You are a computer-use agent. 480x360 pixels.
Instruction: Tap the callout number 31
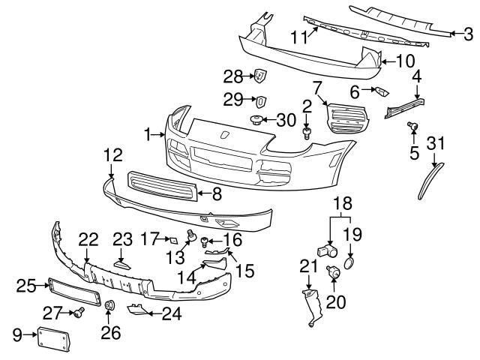[436, 143]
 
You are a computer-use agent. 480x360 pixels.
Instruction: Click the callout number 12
[112, 156]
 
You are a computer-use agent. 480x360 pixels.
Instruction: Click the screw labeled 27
[78, 312]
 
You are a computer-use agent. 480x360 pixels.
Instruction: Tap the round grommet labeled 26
[108, 305]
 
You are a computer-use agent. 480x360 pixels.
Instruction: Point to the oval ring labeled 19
[351, 263]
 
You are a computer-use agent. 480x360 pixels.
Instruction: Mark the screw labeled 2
[306, 133]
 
